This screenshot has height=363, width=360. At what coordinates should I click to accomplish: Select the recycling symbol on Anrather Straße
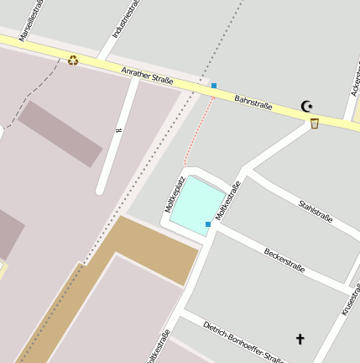73,60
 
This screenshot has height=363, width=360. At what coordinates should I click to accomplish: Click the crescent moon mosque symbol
307,106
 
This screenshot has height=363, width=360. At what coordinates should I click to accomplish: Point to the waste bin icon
315,124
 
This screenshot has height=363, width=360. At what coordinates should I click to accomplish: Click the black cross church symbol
300,339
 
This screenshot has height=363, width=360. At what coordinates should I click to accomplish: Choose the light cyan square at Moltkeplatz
196,203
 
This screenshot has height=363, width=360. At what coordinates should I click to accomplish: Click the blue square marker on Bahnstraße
214,86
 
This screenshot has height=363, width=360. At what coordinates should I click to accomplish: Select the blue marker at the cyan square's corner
208,224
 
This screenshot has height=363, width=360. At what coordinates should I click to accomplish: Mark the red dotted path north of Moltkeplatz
198,130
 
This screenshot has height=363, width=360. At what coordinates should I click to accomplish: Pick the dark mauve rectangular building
60,133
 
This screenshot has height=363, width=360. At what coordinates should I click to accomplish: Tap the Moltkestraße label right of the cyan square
227,201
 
